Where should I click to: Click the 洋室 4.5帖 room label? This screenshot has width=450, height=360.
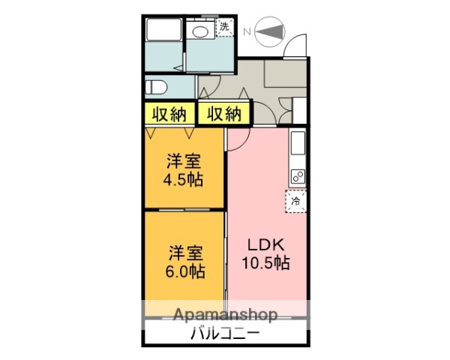tap(184, 170)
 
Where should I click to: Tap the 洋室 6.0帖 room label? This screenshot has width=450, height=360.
tap(184, 260)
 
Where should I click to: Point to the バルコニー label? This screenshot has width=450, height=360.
tap(224, 334)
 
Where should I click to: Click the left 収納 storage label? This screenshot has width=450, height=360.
tap(169, 115)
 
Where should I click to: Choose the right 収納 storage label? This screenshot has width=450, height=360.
tap(223, 115)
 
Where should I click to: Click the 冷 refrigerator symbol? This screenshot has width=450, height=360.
tap(296, 201)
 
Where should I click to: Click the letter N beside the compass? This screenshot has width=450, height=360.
tap(246, 31)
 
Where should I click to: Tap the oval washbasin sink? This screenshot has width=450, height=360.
tap(200, 31)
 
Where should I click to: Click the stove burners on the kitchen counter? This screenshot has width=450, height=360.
tap(297, 178)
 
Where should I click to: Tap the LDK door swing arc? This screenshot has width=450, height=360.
tap(238, 138)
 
